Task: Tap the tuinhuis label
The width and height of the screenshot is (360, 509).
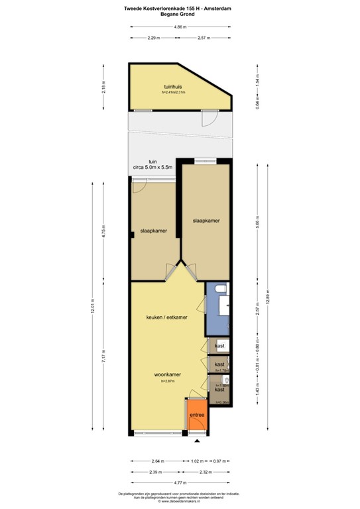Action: (x=173, y=87)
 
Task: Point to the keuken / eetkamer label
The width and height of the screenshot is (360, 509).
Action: (x=166, y=317)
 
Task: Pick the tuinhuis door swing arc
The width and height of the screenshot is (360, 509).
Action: (x=209, y=119)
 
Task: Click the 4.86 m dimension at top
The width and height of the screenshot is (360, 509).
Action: (x=180, y=27)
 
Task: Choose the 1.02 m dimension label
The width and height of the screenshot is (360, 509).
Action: (x=196, y=461)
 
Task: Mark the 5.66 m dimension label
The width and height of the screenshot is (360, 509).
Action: (x=257, y=223)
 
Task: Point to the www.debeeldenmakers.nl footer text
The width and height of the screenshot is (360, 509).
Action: (x=180, y=501)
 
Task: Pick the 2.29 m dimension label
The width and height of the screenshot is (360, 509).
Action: (x=154, y=38)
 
